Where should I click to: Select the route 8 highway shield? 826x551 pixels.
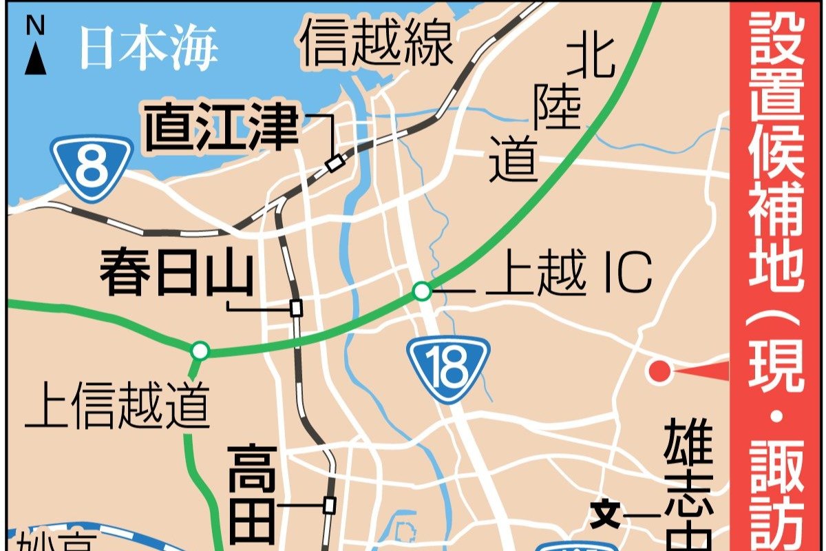coord(92,168)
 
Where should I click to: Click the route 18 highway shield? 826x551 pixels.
coord(448,370)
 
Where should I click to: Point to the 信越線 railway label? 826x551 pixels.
coord(377,43)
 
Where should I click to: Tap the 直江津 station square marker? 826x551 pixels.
coord(335,163)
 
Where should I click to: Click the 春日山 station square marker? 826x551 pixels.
coord(297,308)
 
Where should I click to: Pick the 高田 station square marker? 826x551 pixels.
coord(330,506)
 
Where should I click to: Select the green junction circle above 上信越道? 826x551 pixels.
coord(200,351)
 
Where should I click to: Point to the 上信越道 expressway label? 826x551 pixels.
coord(116,406)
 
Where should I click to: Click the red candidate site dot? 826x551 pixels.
coord(659,372)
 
